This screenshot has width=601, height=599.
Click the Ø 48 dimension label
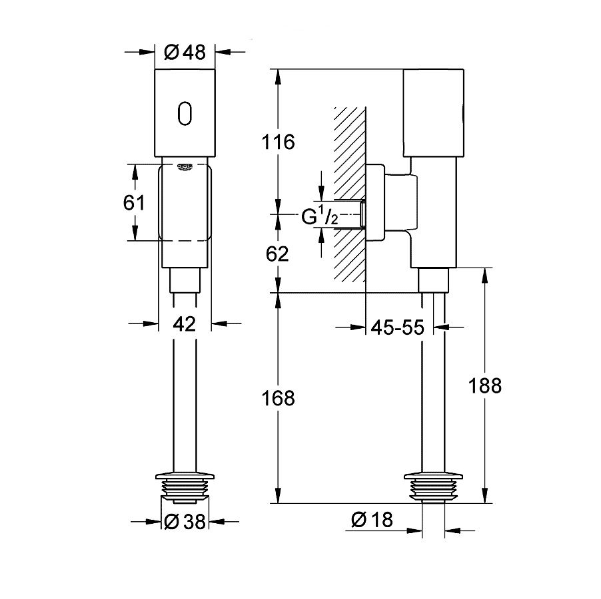click(x=185, y=52)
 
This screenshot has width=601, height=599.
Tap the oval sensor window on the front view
click(x=185, y=112)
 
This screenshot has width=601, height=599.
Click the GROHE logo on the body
click(x=185, y=166)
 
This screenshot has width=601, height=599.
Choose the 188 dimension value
click(x=484, y=385)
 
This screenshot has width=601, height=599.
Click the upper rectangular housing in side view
click(x=434, y=111)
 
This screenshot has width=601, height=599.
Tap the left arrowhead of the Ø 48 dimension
click(x=149, y=52)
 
